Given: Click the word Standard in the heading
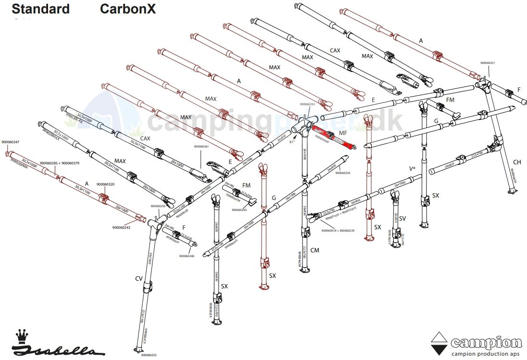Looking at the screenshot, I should [x=40, y=9].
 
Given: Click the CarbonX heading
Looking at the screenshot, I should [x=128, y=9].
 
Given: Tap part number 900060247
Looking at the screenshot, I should [x=11, y=142].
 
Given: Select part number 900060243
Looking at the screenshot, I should [x=121, y=227].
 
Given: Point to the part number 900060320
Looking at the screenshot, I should [x=105, y=184].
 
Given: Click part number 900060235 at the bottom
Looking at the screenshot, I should [x=149, y=355].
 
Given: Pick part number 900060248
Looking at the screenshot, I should [x=187, y=256].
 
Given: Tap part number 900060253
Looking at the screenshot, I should [x=307, y=104].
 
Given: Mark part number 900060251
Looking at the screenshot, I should [x=488, y=63].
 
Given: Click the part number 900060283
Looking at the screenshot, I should [x=239, y=210].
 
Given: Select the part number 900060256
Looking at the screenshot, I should [x=343, y=173].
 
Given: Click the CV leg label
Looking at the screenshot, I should [x=139, y=278].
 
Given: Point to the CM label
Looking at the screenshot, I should [x=315, y=250].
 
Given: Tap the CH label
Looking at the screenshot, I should [x=517, y=162].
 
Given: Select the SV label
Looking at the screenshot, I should [x=402, y=219].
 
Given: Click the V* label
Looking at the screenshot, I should [x=412, y=169].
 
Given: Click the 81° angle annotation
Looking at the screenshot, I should [x=292, y=142].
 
